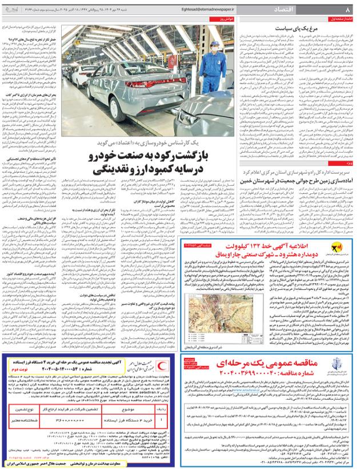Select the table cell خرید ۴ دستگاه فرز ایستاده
click(x=131, y=420)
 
